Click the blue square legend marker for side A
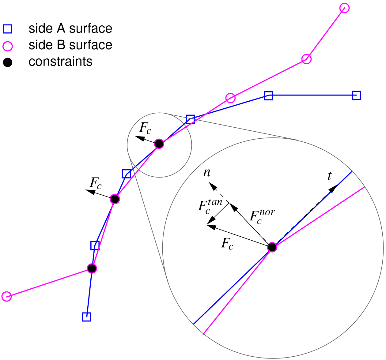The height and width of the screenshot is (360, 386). click(x=7, y=29)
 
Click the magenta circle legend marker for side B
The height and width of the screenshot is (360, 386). click(x=7, y=46)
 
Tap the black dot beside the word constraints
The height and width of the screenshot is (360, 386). click(x=7, y=63)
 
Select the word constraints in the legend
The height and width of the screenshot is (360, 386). click(x=60, y=62)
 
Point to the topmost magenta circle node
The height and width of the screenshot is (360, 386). click(x=345, y=8)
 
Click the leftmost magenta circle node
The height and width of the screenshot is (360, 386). click(x=6, y=296)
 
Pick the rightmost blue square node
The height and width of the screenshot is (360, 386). click(x=356, y=96)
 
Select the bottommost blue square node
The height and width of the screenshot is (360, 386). click(x=87, y=317)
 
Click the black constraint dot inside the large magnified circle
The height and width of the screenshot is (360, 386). click(x=272, y=247)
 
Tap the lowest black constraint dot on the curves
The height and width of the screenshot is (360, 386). click(x=92, y=268)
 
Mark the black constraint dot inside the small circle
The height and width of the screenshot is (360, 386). click(x=159, y=144)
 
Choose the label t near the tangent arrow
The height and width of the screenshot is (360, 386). click(x=329, y=176)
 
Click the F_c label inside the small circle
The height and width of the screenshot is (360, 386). click(x=145, y=129)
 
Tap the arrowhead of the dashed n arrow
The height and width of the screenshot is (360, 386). click(x=211, y=185)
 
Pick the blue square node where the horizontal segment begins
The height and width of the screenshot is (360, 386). click(x=268, y=96)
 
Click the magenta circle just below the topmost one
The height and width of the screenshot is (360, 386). click(x=306, y=59)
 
